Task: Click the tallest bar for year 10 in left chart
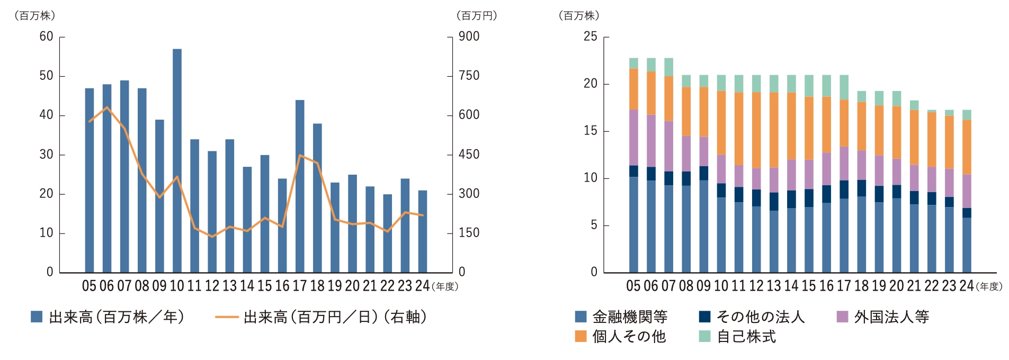pyautogui.click(x=177, y=159)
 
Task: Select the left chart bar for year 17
pyautogui.click(x=300, y=185)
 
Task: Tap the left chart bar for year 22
pyautogui.click(x=387, y=233)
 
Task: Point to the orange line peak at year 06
pyautogui.click(x=107, y=107)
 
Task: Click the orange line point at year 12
pyautogui.click(x=212, y=237)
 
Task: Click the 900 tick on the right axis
pyautogui.click(x=469, y=37)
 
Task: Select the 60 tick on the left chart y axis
pyautogui.click(x=47, y=37)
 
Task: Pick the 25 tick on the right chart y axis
pyautogui.click(x=590, y=37)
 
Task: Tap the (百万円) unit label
pyautogui.click(x=477, y=16)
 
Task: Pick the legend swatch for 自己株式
pyautogui.click(x=704, y=337)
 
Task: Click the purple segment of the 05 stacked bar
pyautogui.click(x=633, y=138)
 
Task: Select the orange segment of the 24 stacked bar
pyautogui.click(x=967, y=147)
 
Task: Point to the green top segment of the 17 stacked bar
pyautogui.click(x=844, y=87)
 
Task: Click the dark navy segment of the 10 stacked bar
pyautogui.click(x=721, y=191)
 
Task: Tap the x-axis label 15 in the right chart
pyautogui.click(x=808, y=286)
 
